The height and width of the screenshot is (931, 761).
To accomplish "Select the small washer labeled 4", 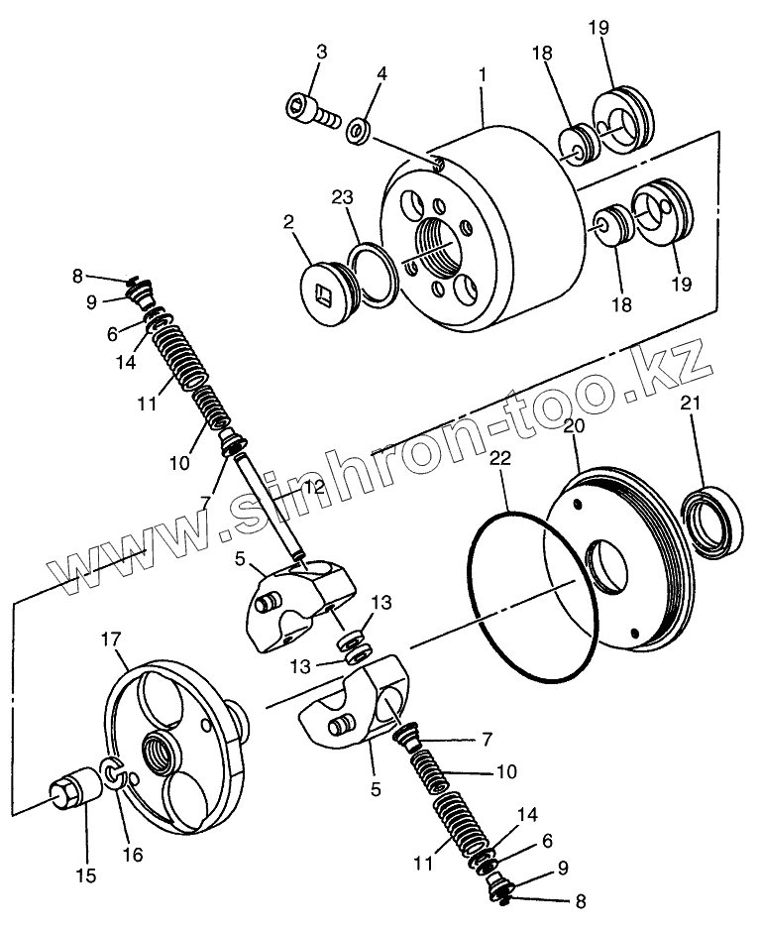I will click(x=359, y=129).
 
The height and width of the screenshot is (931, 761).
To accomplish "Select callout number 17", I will click(x=110, y=640).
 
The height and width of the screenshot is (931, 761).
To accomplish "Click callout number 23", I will click(x=342, y=197).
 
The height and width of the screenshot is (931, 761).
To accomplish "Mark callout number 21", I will click(x=693, y=402).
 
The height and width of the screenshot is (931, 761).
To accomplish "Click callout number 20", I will click(x=573, y=426).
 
